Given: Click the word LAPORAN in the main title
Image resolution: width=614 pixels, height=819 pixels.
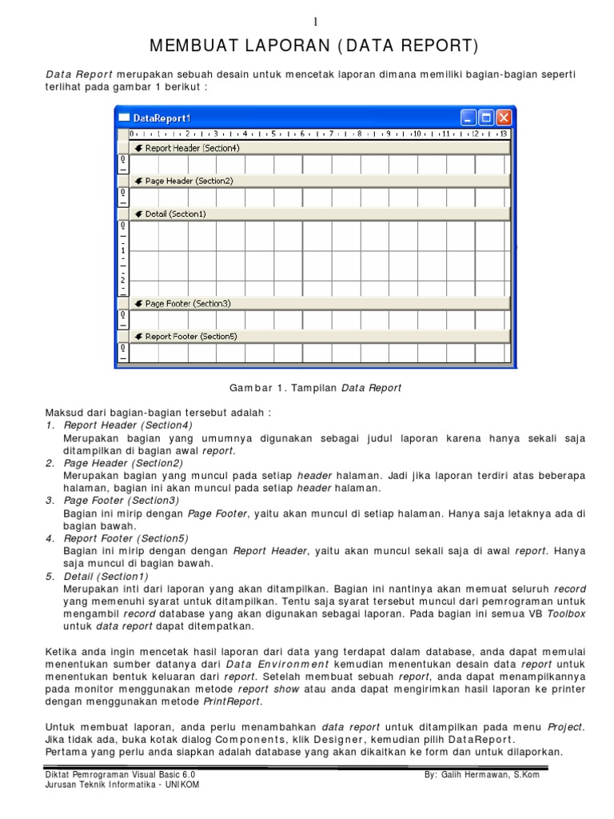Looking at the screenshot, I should [x=273, y=46].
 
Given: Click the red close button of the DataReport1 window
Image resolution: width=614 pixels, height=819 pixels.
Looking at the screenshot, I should [x=504, y=117].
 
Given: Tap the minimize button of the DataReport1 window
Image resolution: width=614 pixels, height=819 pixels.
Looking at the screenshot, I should [x=468, y=117].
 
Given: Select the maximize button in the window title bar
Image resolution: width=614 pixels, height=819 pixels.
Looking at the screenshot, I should [x=486, y=117].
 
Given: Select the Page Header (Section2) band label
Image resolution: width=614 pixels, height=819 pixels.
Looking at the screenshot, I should [x=189, y=181].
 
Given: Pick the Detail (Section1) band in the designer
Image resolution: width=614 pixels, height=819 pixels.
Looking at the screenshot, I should [x=175, y=214].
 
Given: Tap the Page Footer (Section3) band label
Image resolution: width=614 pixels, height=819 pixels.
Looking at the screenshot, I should [x=188, y=303].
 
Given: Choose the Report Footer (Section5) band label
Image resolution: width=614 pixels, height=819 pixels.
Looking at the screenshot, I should [x=191, y=336].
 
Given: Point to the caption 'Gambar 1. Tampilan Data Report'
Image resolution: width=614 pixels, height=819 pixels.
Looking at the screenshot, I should [x=315, y=388].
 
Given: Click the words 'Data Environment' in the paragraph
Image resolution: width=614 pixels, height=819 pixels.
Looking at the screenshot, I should [x=277, y=664].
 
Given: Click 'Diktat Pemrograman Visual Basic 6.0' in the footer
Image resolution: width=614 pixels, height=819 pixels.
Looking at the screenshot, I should [x=120, y=775].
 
